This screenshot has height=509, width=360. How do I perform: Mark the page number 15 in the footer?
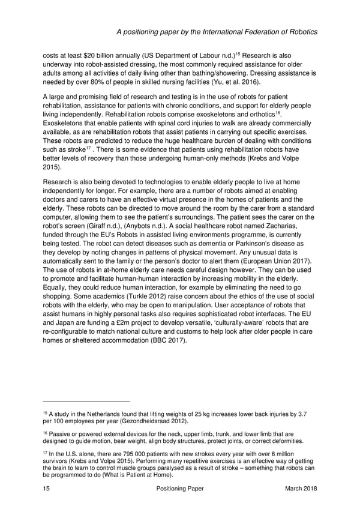point(47,489)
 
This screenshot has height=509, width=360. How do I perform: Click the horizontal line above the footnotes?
point(86,401)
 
